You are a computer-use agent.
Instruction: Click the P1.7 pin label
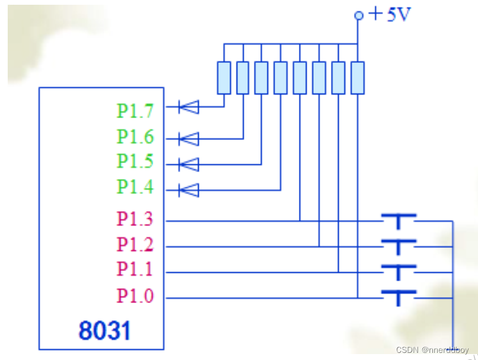click(x=135, y=111)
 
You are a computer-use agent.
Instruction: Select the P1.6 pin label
click(x=135, y=137)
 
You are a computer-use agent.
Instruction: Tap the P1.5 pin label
click(x=135, y=161)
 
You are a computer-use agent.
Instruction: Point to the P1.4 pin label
click(x=135, y=187)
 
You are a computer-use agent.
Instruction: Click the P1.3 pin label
click(x=135, y=219)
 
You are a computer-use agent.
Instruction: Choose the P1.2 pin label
click(x=135, y=244)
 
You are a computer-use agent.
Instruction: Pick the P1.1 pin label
click(x=135, y=269)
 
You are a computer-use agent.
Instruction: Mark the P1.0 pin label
click(x=135, y=295)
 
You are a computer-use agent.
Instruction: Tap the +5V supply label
click(x=390, y=14)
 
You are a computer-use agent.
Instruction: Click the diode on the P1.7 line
click(x=189, y=107)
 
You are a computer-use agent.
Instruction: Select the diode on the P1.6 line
click(x=189, y=139)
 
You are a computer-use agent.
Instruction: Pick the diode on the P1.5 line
click(x=189, y=164)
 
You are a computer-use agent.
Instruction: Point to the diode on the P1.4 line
click(x=189, y=190)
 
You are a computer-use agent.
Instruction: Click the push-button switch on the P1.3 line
click(x=397, y=220)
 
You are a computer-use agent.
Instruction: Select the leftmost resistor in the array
click(x=224, y=78)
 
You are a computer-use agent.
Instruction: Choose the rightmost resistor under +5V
click(x=358, y=78)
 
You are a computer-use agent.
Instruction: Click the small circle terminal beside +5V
click(x=358, y=16)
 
